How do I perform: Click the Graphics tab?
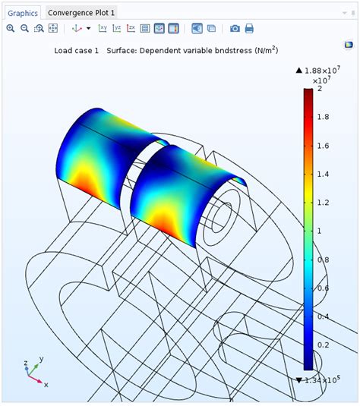pos(23,13)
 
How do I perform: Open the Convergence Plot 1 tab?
pos(81,13)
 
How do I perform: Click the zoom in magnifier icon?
pos(11,29)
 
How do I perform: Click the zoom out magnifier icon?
pos(24,29)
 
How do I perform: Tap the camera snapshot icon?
pos(235,29)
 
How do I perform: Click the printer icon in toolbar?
pos(249,29)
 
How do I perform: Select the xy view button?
pos(103,29)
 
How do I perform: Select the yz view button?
pos(117,29)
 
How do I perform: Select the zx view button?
pos(131,29)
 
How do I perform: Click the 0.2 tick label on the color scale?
pos(323,345)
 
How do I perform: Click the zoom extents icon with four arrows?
pos(53,29)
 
